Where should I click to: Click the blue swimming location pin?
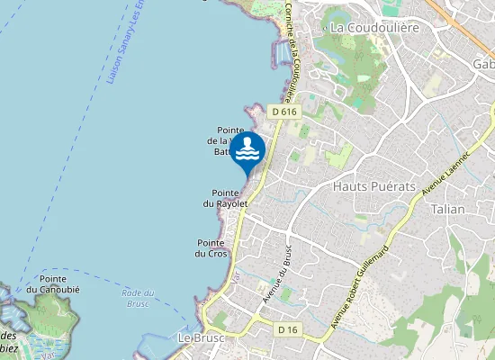(x=247, y=152)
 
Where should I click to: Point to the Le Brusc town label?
(x=200, y=337)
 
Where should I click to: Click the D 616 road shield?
(x=283, y=111)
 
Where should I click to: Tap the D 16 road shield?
(x=288, y=330)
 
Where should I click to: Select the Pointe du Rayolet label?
(x=229, y=198)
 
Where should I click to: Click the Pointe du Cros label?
(x=212, y=248)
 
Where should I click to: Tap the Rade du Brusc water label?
(x=138, y=297)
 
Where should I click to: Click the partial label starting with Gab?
(x=483, y=64)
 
